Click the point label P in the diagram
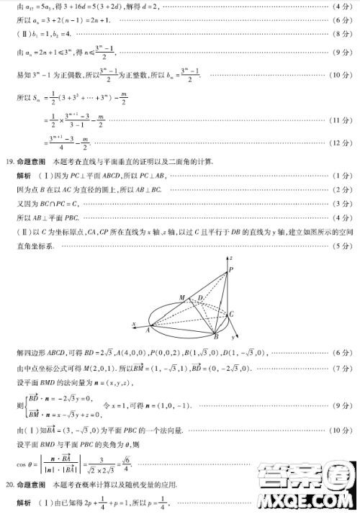(x=231, y=270)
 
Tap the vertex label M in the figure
(x=181, y=296)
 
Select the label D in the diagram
(x=201, y=297)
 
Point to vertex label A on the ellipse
(x=148, y=330)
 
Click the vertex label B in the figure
(x=215, y=336)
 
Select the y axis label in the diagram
(x=234, y=337)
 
